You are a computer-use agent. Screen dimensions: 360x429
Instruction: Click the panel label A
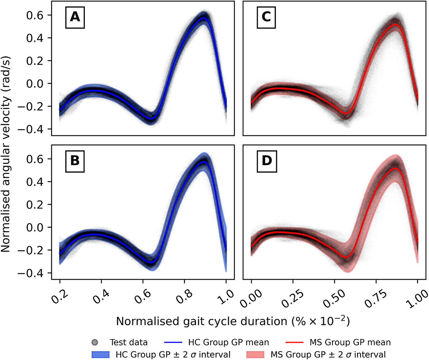point(75,17)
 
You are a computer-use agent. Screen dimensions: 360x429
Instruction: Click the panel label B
point(75,161)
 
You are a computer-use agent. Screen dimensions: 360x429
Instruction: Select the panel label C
point(267,17)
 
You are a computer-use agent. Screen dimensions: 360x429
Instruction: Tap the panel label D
point(267,161)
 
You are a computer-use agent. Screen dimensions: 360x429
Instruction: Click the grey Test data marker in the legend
point(95,343)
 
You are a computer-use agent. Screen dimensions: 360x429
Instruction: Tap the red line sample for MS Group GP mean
point(296,343)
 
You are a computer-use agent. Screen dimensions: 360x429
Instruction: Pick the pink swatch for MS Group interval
point(255,354)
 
